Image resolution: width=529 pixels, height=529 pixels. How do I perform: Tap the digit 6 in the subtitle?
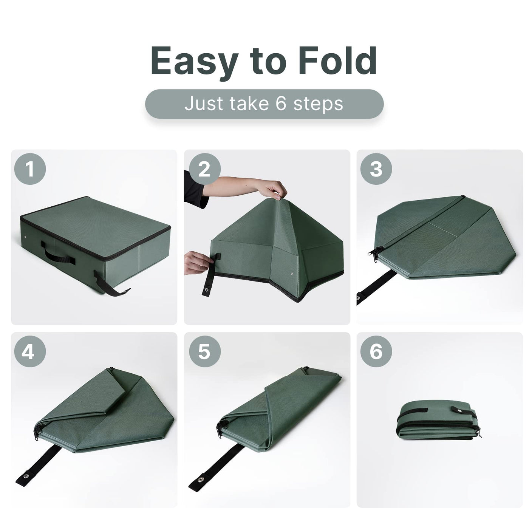[x=281, y=104]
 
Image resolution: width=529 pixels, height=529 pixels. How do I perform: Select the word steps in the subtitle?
[x=318, y=105]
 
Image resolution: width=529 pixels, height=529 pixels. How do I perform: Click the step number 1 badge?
[x=30, y=169]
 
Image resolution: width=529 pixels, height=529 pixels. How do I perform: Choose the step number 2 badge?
[x=204, y=169]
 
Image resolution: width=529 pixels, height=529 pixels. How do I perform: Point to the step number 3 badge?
[x=376, y=169]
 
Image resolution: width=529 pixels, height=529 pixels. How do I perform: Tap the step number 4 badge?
[x=30, y=352]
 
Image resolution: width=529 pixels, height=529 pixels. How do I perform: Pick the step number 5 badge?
[x=204, y=352]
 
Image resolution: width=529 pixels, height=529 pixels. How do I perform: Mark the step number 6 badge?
[x=376, y=352]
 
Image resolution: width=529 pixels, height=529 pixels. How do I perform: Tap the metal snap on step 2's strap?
[x=206, y=289]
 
